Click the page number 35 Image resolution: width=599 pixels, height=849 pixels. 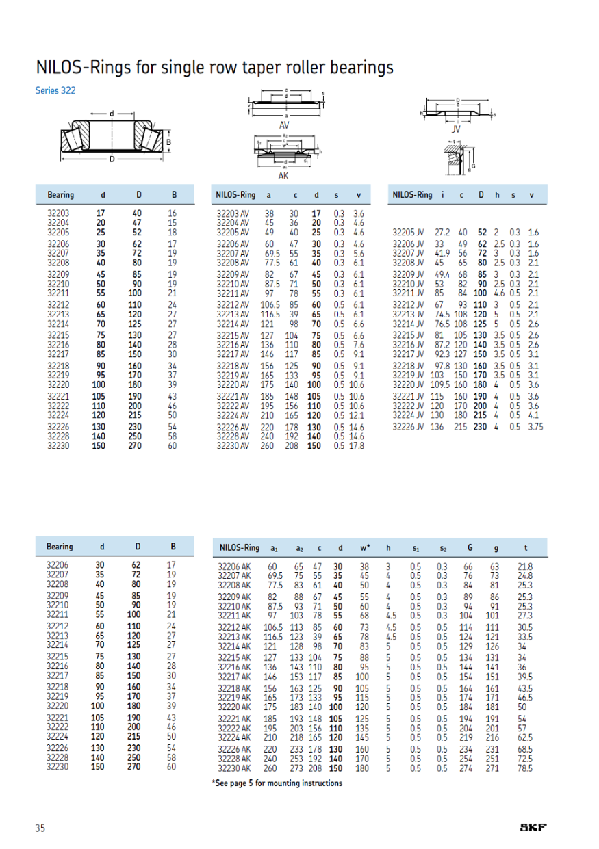(40, 828)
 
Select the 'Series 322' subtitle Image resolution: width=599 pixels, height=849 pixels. (55, 90)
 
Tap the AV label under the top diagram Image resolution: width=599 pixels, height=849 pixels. (284, 126)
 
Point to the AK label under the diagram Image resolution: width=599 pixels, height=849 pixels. (283, 176)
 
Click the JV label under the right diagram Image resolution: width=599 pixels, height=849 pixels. (457, 129)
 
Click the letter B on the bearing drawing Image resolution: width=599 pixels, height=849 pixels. (168, 142)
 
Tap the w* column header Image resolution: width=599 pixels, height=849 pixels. (364, 547)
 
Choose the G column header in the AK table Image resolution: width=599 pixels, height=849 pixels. (469, 547)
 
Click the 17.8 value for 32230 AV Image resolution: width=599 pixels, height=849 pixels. (357, 445)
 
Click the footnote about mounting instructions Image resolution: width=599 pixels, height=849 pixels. (277, 783)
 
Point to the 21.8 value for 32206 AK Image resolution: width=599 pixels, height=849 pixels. (525, 566)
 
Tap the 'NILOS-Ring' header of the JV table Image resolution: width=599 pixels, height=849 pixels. (412, 195)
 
